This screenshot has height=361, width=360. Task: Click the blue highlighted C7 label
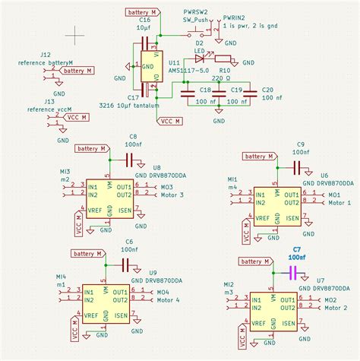[x=296, y=249]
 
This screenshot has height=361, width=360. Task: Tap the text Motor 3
[x=172, y=195]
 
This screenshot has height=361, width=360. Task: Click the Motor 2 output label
[x=335, y=309]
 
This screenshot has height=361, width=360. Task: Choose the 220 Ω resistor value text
[x=221, y=78]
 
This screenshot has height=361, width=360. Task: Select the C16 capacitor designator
[x=144, y=19]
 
